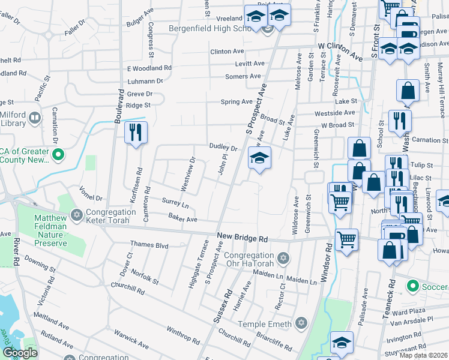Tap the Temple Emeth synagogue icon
coord(302,323)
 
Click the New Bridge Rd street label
coord(241,238)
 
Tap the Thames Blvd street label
coord(149,245)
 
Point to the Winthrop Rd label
coord(179,334)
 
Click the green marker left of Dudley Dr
coord(58,156)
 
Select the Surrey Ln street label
coord(175,203)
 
